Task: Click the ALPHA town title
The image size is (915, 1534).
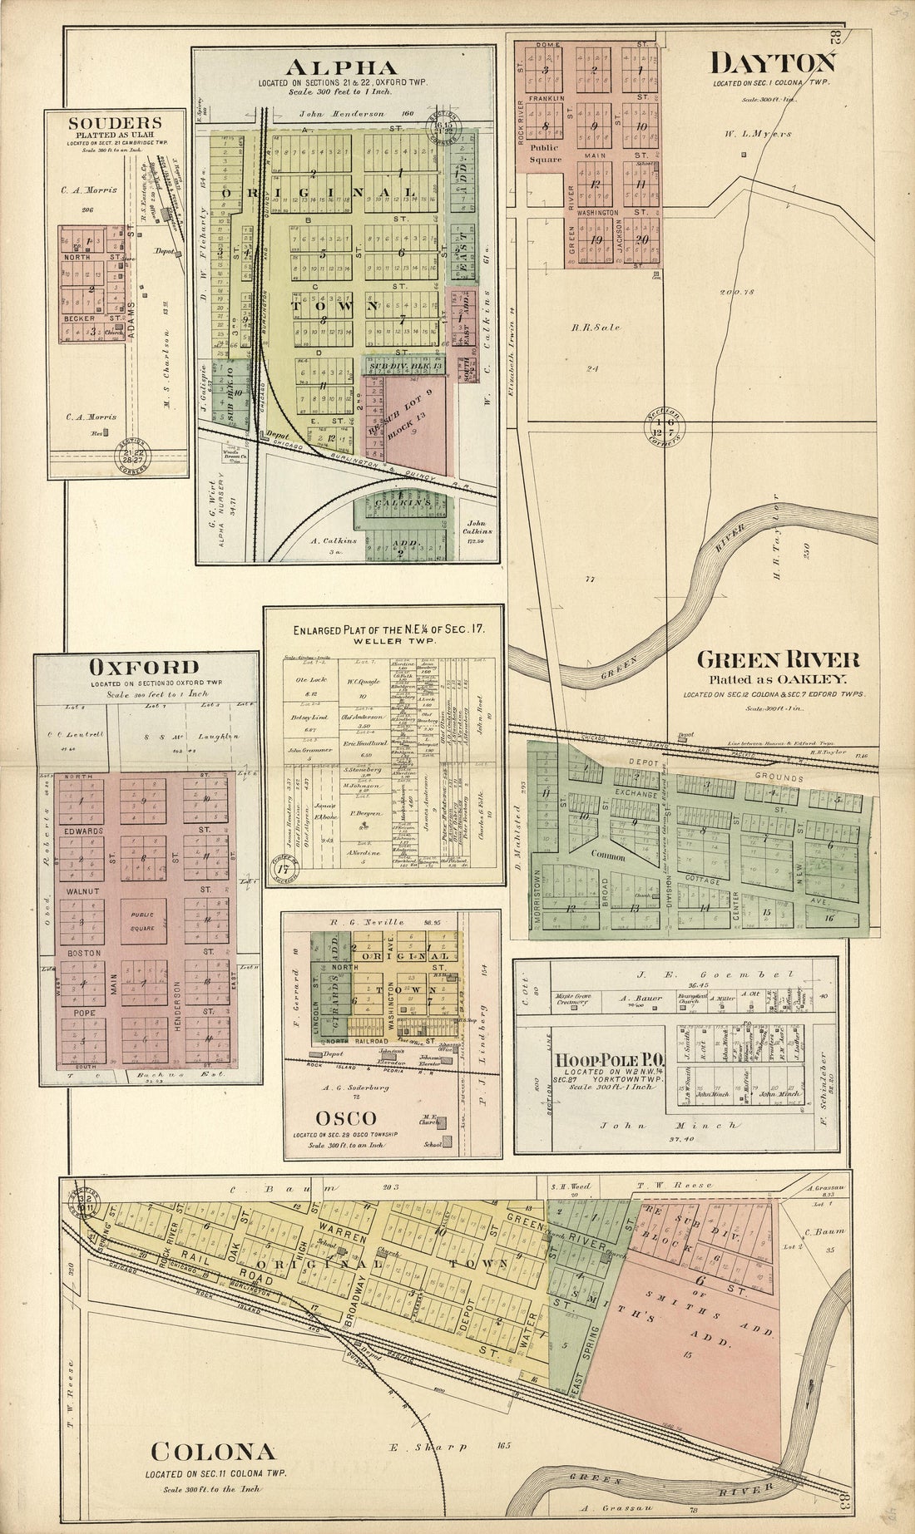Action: [x=343, y=67]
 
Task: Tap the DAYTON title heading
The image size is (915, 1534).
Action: [x=772, y=63]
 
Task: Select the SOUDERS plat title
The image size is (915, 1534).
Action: [x=115, y=123]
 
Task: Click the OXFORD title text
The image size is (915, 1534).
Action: [x=145, y=667]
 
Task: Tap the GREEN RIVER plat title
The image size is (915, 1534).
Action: [x=777, y=661]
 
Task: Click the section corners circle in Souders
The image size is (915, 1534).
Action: [x=130, y=455]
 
